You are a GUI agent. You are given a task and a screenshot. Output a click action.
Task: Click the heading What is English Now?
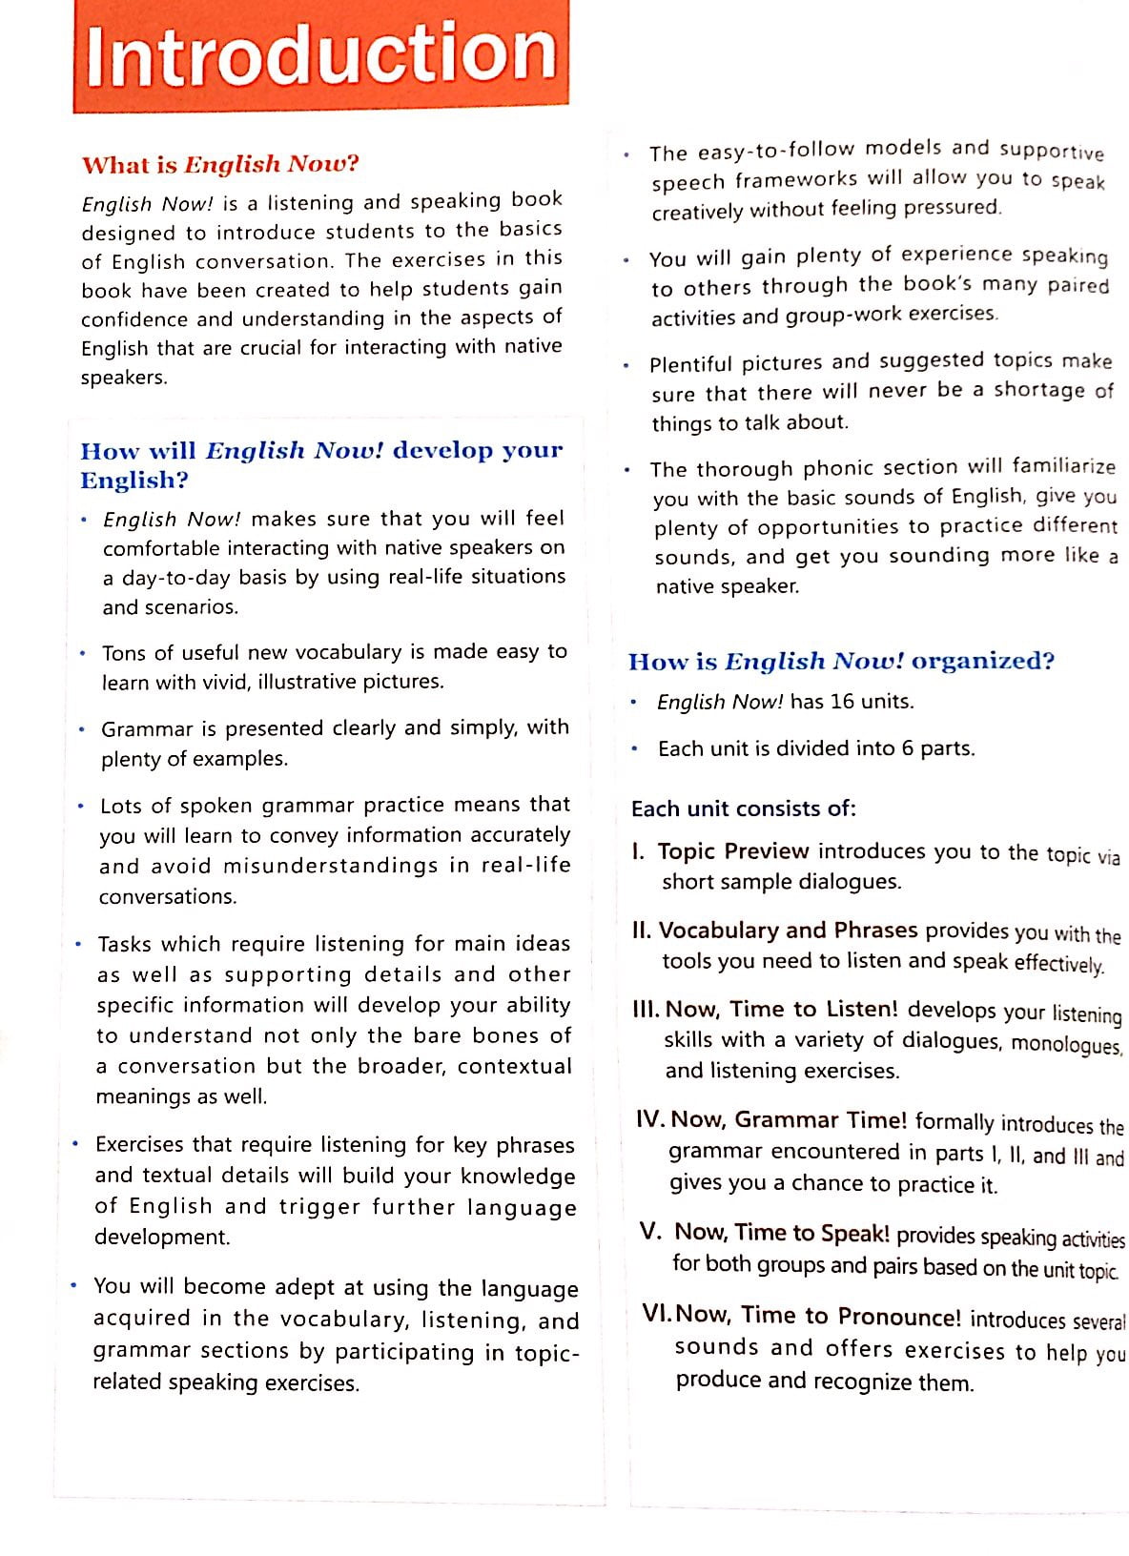pyautogui.click(x=220, y=164)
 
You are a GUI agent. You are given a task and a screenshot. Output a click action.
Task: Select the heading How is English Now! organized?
pyautogui.click(x=840, y=661)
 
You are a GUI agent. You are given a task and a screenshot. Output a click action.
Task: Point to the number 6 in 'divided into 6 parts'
pyautogui.click(x=908, y=748)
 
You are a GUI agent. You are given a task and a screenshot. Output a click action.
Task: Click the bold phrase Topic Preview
pyautogui.click(x=732, y=850)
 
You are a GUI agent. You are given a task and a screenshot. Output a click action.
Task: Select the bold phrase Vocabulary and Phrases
pyautogui.click(x=788, y=930)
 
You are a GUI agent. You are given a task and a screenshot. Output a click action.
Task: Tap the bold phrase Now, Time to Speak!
pyautogui.click(x=781, y=1232)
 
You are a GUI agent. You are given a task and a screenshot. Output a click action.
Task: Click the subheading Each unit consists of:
pyautogui.click(x=744, y=809)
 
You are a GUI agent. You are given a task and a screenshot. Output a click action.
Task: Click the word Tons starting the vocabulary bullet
pyautogui.click(x=124, y=653)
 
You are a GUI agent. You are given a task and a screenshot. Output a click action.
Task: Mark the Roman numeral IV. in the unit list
pyautogui.click(x=652, y=1119)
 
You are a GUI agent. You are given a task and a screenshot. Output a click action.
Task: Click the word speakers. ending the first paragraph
pyautogui.click(x=124, y=378)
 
